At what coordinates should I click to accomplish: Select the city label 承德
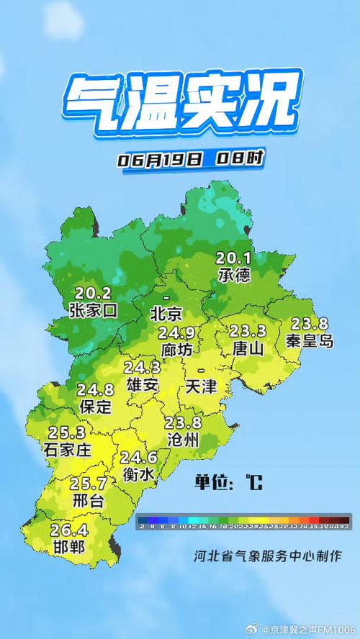(x=235, y=275)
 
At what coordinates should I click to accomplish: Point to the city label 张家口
(x=93, y=310)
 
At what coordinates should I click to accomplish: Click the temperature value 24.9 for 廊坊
(x=177, y=333)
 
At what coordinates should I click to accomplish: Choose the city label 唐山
(x=248, y=348)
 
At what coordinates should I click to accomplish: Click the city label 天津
(x=200, y=386)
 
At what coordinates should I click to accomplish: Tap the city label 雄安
(x=142, y=384)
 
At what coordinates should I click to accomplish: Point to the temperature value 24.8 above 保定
(x=95, y=390)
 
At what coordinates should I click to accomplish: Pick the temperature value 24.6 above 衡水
(x=138, y=458)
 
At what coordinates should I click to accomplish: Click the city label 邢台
(x=89, y=500)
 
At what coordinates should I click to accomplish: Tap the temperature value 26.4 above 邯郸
(x=68, y=531)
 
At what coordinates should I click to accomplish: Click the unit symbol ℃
(x=253, y=481)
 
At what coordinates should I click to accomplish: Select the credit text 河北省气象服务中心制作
(x=266, y=556)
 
